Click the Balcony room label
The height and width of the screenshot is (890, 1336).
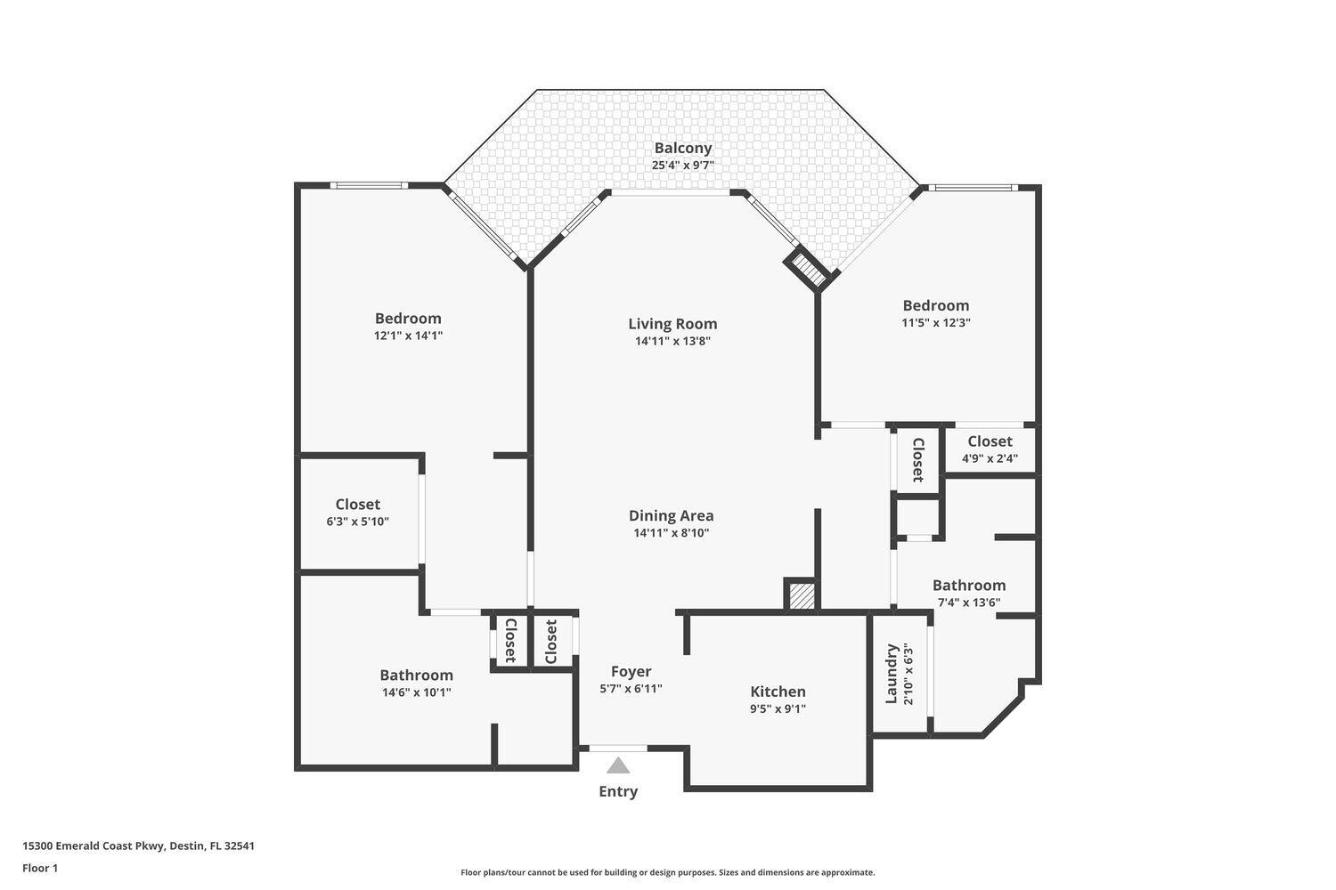point(682,149)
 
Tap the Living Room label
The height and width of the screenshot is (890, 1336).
point(672,324)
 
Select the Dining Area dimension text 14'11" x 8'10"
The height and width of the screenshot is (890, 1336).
point(671,533)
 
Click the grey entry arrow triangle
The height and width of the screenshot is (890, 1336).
point(618,765)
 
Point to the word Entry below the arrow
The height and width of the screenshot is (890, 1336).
point(618,791)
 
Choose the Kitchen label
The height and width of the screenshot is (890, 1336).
point(778,692)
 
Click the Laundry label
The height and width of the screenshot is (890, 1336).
point(892,674)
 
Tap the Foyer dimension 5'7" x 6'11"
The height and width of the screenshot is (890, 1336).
point(631,688)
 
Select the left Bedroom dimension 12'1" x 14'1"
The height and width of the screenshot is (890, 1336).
point(408,336)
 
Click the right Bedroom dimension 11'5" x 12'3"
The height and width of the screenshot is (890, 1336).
point(935,323)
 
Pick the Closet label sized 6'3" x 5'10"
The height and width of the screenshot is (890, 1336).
point(357,505)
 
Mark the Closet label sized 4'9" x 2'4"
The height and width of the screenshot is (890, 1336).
point(990,441)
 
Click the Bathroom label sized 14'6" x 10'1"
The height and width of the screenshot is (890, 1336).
point(416,676)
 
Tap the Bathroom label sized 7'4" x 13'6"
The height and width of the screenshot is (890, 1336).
point(968,586)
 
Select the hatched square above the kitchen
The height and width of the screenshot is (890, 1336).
point(802,595)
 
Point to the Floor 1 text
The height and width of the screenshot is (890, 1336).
point(40,868)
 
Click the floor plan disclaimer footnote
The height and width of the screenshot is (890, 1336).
point(667,873)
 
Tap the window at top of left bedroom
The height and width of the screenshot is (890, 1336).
point(369,185)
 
